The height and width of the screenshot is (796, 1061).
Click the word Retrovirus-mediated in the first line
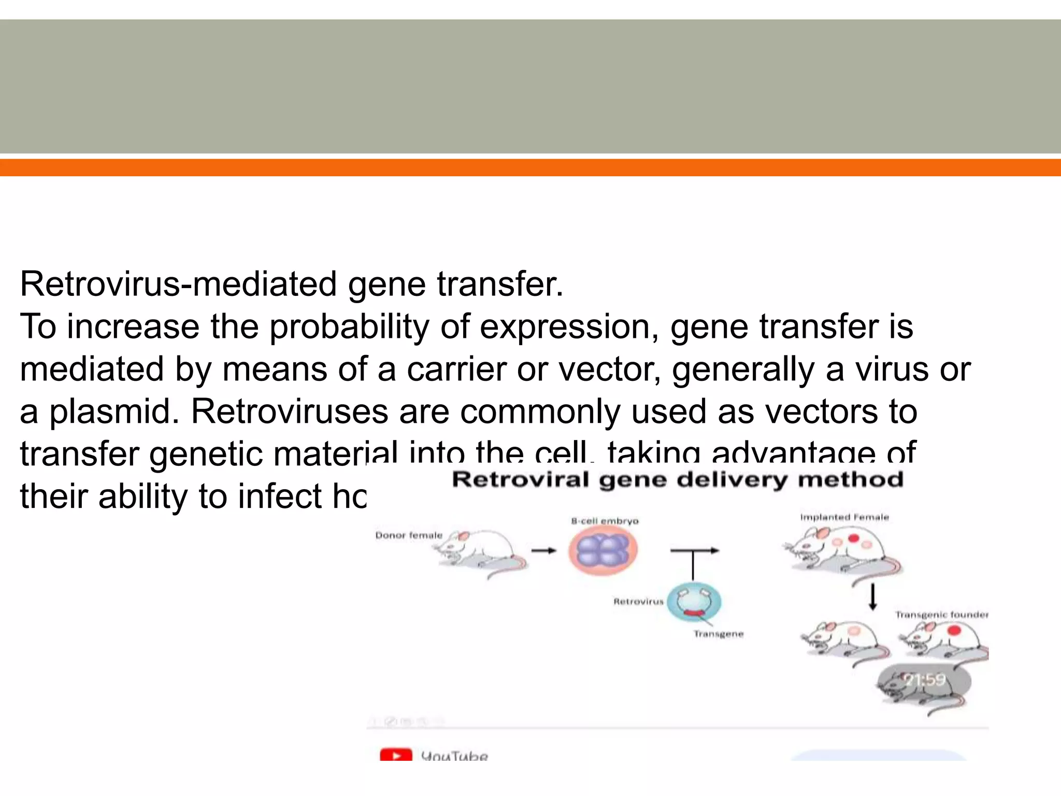point(178,285)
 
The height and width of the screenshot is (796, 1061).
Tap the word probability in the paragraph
point(349,328)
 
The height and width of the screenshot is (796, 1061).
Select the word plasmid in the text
point(114,412)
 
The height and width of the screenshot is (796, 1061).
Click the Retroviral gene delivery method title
point(678,479)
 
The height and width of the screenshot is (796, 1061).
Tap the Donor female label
point(409,535)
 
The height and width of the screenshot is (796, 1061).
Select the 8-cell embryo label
point(605,521)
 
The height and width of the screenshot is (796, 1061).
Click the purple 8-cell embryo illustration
point(603,550)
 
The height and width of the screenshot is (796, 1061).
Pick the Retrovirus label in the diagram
point(638,602)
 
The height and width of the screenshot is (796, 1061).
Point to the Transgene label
point(719,634)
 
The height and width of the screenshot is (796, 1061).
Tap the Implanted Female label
point(844,517)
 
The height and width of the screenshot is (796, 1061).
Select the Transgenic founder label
point(941,615)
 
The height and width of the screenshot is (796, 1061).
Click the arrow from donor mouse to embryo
point(543,551)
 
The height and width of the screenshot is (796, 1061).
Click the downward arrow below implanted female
point(873,598)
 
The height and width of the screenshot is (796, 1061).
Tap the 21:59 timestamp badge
point(924,679)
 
